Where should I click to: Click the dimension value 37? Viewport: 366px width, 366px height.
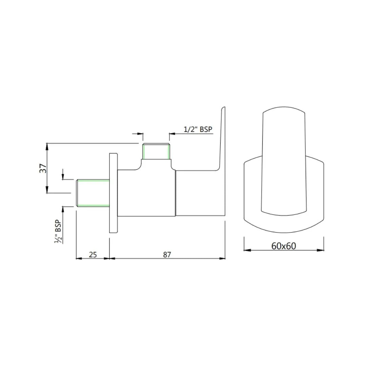pyautogui.click(x=43, y=168)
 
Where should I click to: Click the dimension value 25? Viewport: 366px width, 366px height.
pyautogui.click(x=93, y=254)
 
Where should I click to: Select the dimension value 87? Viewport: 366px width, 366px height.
pyautogui.click(x=167, y=254)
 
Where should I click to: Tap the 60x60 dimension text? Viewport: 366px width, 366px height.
pyautogui.click(x=284, y=246)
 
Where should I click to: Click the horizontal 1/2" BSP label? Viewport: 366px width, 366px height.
pyautogui.click(x=199, y=129)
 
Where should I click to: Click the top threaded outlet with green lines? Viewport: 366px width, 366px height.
pyautogui.click(x=156, y=151)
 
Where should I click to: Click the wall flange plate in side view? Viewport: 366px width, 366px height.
pyautogui.click(x=113, y=193)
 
